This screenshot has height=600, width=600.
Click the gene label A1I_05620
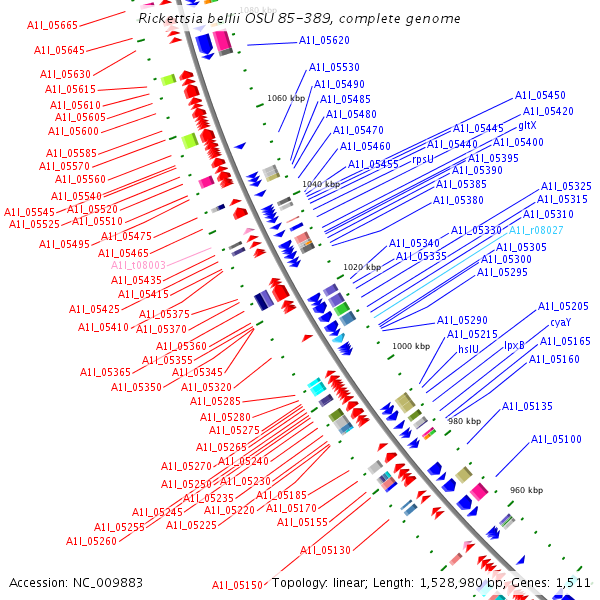[324, 41]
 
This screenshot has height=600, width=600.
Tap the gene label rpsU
[423, 159]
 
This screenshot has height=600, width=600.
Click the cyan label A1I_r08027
[536, 230]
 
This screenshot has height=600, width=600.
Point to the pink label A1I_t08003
[138, 265]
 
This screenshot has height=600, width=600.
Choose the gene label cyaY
[560, 323]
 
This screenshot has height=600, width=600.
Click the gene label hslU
[469, 349]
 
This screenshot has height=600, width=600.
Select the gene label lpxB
[514, 345]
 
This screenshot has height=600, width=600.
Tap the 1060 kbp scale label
[286, 98]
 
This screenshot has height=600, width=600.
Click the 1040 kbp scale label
[320, 184]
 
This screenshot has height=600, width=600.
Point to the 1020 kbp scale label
[361, 267]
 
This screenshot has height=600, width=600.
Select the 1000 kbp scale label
[410, 346]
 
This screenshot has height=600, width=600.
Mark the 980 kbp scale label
[464, 421]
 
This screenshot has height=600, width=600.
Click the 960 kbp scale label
[526, 490]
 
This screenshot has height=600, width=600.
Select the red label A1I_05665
[55, 25]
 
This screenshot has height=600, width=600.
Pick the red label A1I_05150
[237, 585]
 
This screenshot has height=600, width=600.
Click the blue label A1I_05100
[556, 439]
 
